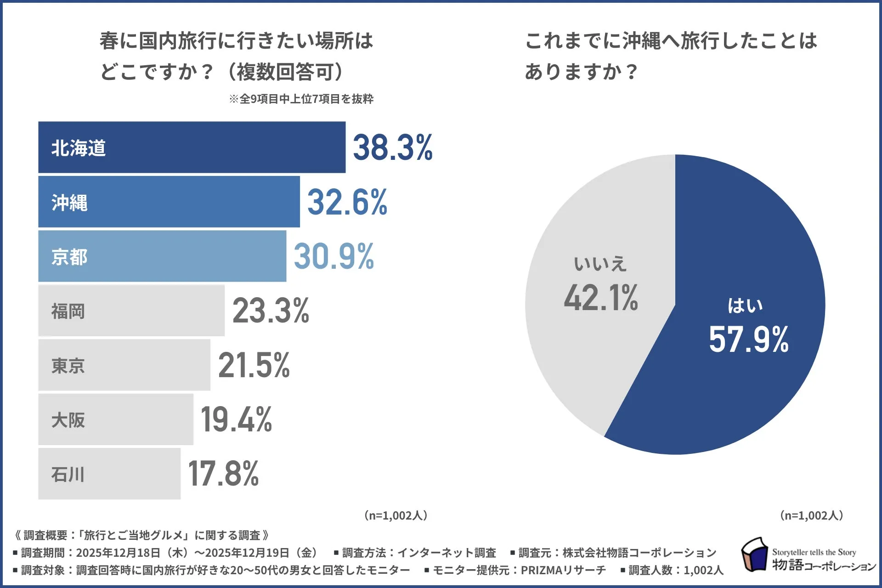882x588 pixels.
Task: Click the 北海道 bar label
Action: click(x=79, y=148)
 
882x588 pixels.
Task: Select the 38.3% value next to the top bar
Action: click(x=393, y=147)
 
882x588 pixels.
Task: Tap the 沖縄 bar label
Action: click(x=69, y=202)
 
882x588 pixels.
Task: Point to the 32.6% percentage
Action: click(x=347, y=202)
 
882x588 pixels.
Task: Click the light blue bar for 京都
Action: click(x=184, y=256)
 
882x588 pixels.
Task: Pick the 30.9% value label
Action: click(x=334, y=256)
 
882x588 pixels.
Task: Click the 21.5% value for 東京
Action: click(x=254, y=365)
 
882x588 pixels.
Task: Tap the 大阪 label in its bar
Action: click(x=68, y=420)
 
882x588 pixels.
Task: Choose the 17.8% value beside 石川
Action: click(x=224, y=474)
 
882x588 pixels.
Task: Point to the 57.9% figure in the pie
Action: click(x=749, y=339)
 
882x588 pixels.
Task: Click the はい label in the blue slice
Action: click(x=745, y=305)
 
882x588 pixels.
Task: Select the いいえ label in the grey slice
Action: click(x=600, y=264)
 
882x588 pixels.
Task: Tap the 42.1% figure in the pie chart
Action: click(x=601, y=298)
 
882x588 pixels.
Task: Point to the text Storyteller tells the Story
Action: click(x=814, y=552)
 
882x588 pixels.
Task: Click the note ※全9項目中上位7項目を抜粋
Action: click(x=301, y=99)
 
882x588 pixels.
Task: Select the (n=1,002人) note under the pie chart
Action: click(x=811, y=515)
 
